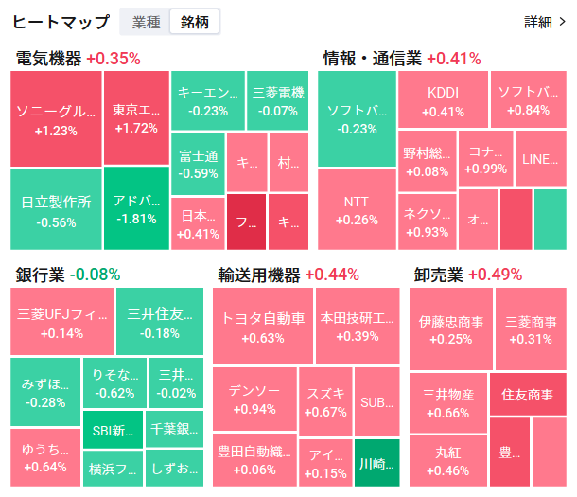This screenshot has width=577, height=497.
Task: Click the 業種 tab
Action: tap(146, 22)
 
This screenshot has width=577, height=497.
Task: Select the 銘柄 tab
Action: tap(195, 22)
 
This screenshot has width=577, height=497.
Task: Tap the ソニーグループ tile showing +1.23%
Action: tap(56, 120)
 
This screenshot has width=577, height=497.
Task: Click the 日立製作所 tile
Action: tap(56, 209)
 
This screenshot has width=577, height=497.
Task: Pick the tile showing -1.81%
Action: tap(136, 209)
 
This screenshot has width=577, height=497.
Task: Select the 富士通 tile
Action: tap(198, 164)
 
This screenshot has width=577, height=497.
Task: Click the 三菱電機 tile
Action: tap(279, 101)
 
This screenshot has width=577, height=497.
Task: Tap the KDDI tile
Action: tap(443, 101)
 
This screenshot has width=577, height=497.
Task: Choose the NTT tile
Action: tap(357, 209)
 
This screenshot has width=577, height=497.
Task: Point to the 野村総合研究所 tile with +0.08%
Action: tap(426, 161)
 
